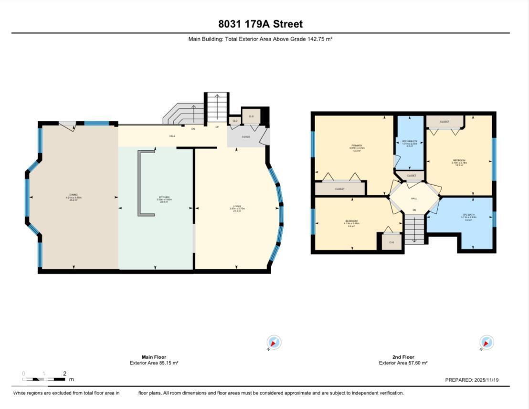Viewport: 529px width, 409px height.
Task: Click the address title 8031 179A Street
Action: (x=260, y=24)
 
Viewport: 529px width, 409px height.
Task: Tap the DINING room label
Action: (x=74, y=195)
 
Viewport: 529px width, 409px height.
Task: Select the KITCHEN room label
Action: (x=164, y=198)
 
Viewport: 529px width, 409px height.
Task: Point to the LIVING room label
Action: (x=237, y=206)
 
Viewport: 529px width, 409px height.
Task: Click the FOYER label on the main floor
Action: (x=245, y=136)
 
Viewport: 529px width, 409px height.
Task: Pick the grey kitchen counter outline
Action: (x=140, y=183)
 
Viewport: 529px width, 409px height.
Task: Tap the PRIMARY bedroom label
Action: (x=357, y=146)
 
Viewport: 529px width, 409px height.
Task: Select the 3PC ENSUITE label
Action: (x=410, y=142)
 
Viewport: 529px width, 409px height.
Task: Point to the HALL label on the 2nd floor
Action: (x=414, y=198)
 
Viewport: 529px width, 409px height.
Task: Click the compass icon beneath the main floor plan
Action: (x=274, y=343)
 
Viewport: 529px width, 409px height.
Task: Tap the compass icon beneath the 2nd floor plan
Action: (x=487, y=343)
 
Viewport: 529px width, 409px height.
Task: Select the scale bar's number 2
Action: (x=64, y=374)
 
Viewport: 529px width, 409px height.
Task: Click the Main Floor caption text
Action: (x=154, y=357)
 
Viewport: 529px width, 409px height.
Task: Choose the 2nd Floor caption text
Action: (x=403, y=357)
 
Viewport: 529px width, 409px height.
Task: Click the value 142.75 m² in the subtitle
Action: (x=320, y=39)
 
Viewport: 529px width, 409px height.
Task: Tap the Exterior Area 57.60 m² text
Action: (x=403, y=363)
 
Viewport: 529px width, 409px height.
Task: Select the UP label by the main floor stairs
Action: (x=217, y=127)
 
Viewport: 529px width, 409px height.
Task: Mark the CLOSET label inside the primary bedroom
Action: (x=339, y=189)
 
